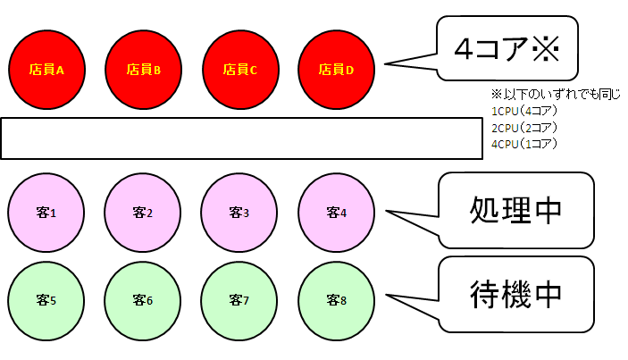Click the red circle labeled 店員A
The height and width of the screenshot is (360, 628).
click(46, 70)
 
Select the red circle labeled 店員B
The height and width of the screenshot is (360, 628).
click(144, 70)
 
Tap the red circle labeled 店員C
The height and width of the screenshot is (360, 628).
click(240, 70)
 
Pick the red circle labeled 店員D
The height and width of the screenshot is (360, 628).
click(337, 70)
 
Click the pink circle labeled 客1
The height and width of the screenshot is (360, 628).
click(46, 213)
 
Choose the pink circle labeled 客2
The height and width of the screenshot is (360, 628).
click(143, 213)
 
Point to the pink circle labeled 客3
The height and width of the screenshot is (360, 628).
click(239, 213)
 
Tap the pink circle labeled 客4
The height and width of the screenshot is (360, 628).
click(337, 213)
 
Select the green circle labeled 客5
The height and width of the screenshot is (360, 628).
click(46, 301)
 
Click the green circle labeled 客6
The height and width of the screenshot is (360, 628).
click(143, 301)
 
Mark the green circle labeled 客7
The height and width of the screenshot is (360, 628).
click(239, 301)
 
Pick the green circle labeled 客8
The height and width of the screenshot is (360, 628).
click(337, 301)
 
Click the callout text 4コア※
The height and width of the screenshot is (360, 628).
click(507, 49)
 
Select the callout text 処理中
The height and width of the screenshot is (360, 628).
click(515, 210)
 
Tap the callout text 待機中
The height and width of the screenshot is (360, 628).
click(515, 294)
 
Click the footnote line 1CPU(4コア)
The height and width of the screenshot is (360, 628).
click(524, 111)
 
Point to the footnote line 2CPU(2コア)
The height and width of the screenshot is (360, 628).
click(524, 128)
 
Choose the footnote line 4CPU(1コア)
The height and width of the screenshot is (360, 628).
click(524, 144)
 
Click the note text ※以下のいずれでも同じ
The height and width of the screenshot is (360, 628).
click(556, 95)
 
